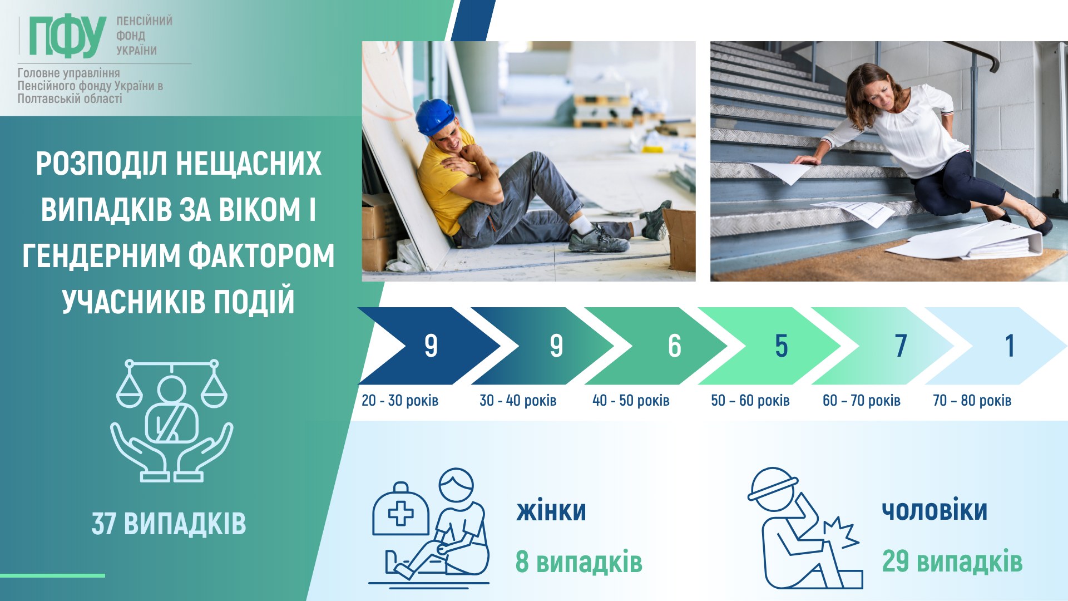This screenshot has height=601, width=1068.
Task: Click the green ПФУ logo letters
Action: [67, 36]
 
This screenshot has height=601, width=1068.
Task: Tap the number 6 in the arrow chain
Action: [674, 346]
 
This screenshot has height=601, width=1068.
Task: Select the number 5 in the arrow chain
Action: [782, 346]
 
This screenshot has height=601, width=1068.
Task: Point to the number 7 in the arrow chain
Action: [901, 346]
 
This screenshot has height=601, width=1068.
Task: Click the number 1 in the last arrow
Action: [1010, 346]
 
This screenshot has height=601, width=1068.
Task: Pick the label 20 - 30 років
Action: [400, 401]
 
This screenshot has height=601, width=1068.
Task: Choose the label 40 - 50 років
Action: [631, 401]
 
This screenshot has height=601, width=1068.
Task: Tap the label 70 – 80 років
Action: [972, 401]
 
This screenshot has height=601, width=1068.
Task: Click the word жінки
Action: [551, 511]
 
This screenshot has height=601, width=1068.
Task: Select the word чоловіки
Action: [934, 510]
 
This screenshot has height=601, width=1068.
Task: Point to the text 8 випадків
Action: [578, 561]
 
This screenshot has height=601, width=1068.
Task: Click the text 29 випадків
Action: [952, 561]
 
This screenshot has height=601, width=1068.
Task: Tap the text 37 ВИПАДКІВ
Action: [169, 524]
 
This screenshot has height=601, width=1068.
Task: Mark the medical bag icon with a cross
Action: [400, 510]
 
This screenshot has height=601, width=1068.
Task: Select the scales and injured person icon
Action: [172, 420]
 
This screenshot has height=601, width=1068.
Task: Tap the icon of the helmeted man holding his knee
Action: [805, 528]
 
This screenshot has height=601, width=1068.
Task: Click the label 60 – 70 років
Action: [861, 401]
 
